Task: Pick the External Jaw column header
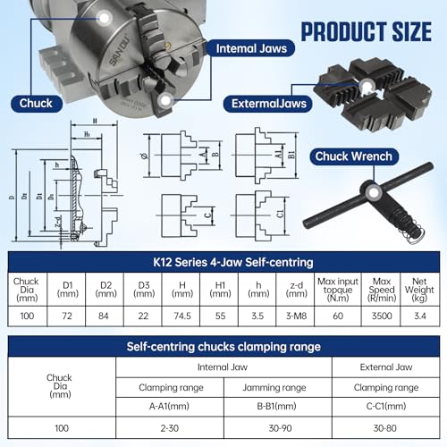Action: click(x=384, y=367)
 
